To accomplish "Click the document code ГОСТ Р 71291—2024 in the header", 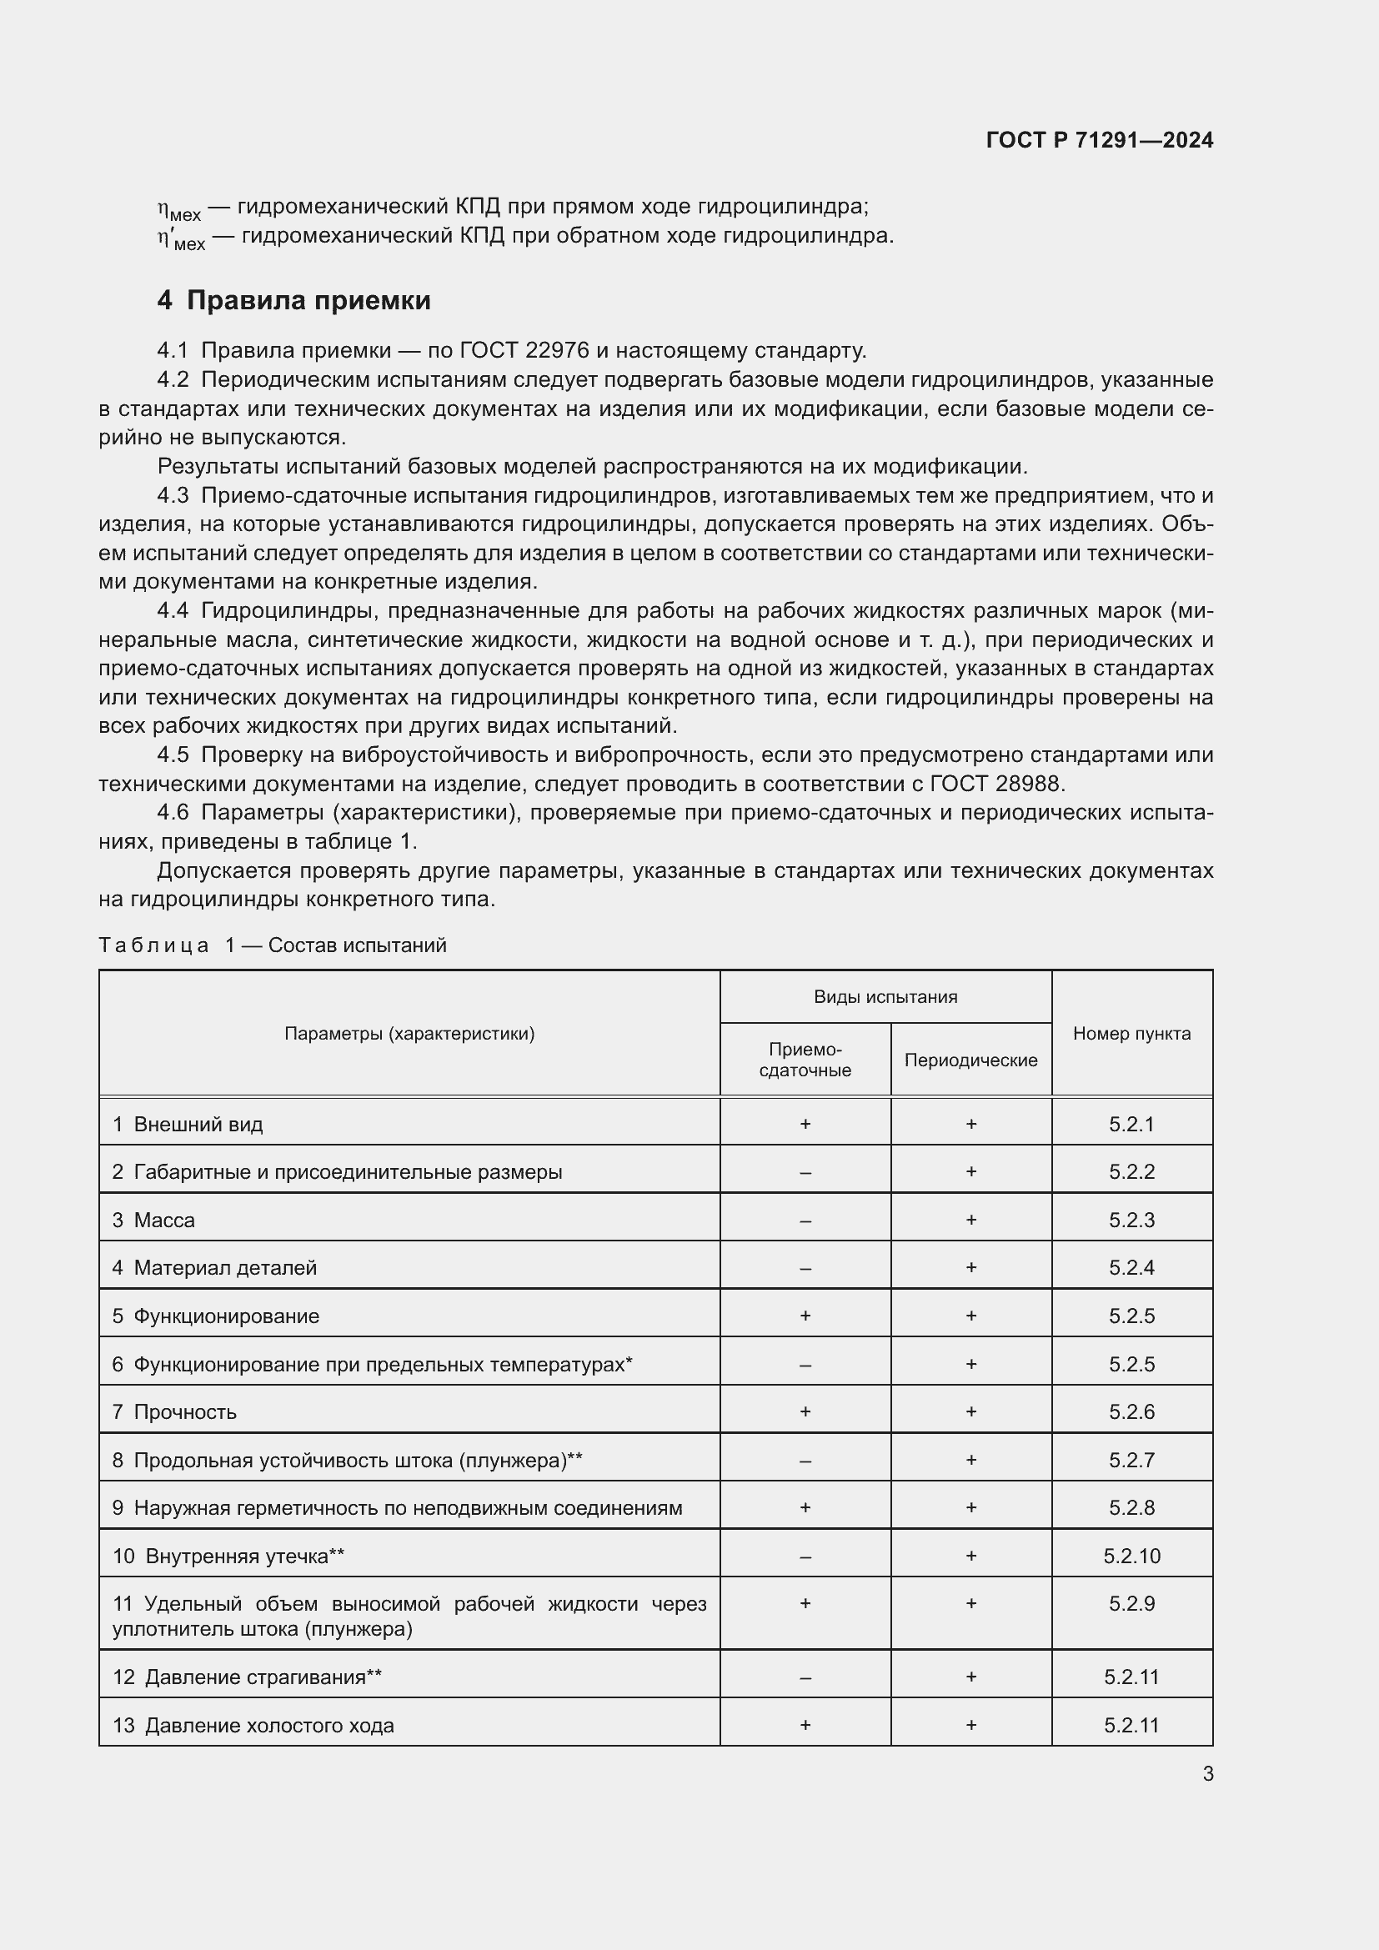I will click(1099, 140).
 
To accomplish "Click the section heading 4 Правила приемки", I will click(293, 301).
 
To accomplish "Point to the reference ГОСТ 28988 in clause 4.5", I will click(997, 783).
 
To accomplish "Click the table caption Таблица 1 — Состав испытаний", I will click(273, 945).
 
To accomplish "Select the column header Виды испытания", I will click(885, 997).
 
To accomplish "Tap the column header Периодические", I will click(970, 1060).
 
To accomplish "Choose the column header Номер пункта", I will click(1131, 1034).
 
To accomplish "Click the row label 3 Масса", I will click(153, 1220).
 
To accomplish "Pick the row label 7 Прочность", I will click(174, 1411).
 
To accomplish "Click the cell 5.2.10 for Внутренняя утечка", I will click(1131, 1556).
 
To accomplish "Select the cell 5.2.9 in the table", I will click(1131, 1603).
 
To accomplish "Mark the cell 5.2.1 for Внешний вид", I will click(1131, 1125).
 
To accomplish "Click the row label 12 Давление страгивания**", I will click(247, 1677).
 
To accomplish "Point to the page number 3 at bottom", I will click(1207, 1774).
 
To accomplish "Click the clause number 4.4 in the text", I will click(173, 610).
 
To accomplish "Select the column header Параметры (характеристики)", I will click(409, 1034).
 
